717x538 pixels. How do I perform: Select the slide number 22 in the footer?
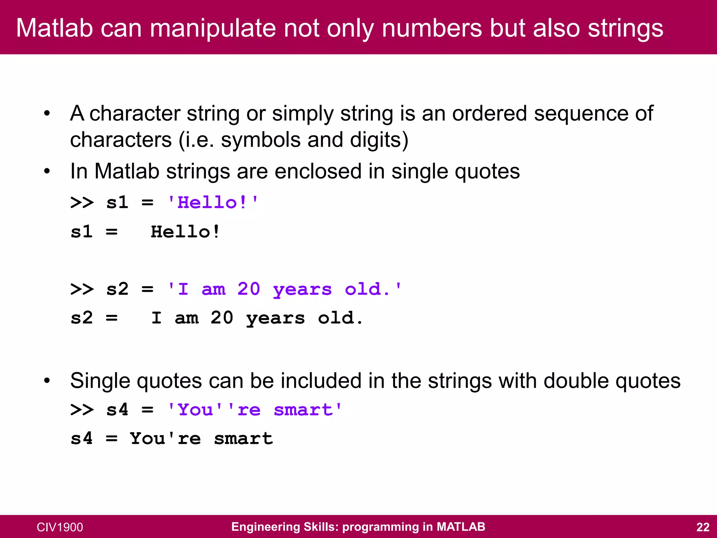[703, 527]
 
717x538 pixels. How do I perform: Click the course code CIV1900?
[60, 527]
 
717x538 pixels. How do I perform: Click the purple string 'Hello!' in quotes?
[213, 202]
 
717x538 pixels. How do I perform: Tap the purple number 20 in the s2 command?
[249, 289]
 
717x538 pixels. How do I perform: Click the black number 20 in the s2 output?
[222, 318]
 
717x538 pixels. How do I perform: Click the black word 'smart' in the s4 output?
[243, 439]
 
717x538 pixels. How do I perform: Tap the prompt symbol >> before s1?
[82, 202]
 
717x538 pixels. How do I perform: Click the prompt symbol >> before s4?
[82, 410]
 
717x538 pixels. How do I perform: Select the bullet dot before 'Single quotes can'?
[47, 381]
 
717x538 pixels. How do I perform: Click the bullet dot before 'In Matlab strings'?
[47, 171]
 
